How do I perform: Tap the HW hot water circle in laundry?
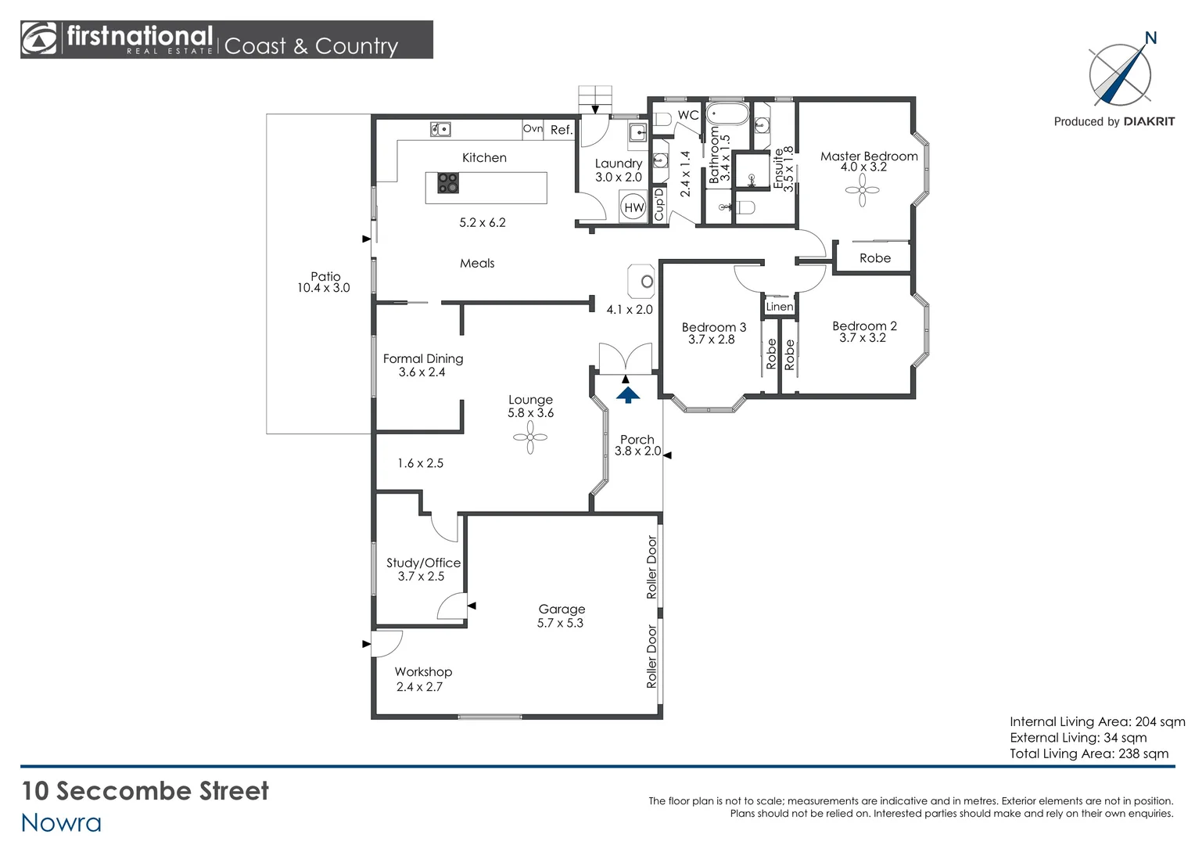pyautogui.click(x=633, y=208)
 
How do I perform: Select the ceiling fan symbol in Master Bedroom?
pyautogui.click(x=862, y=190)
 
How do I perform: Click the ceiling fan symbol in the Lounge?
pyautogui.click(x=530, y=437)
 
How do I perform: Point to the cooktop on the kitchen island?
pyautogui.click(x=448, y=183)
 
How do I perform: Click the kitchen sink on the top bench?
pyautogui.click(x=440, y=129)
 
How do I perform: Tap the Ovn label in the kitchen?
pyautogui.click(x=533, y=129)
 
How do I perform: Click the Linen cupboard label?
pyautogui.click(x=779, y=307)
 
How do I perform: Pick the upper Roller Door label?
pyautogui.click(x=652, y=567)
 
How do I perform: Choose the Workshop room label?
pyautogui.click(x=423, y=671)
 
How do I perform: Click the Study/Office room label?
pyautogui.click(x=423, y=563)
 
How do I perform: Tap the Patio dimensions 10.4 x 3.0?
pyautogui.click(x=323, y=288)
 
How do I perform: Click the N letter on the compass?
pyautogui.click(x=1150, y=38)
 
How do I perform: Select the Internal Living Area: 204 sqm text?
pyautogui.click(x=1096, y=721)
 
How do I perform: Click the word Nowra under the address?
pyautogui.click(x=61, y=822)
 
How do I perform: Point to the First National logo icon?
pyautogui.click(x=39, y=39)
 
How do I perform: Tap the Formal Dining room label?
pyautogui.click(x=423, y=358)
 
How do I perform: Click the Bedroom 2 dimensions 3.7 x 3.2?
pyautogui.click(x=863, y=338)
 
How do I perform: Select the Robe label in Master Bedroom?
pyautogui.click(x=874, y=258)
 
